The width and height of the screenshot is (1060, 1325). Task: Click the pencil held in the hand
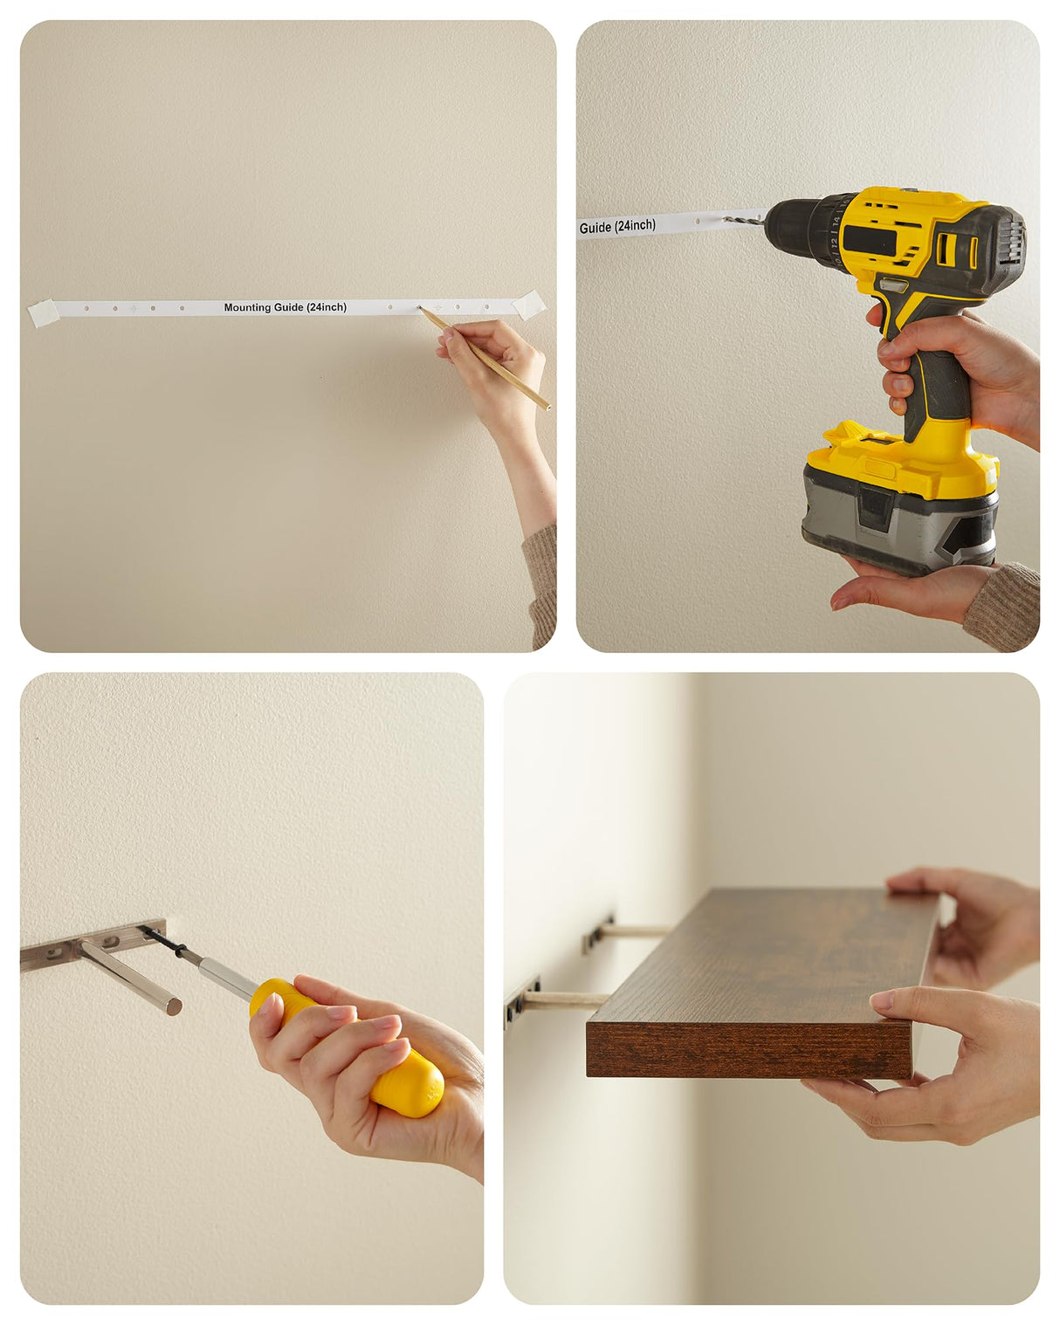(x=484, y=358)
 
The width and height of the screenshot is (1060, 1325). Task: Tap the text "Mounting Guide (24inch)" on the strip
(x=285, y=307)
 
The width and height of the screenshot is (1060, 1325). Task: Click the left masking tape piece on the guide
(x=44, y=312)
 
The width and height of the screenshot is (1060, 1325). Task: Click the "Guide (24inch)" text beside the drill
(x=617, y=227)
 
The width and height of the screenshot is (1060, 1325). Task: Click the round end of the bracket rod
(x=175, y=1006)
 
